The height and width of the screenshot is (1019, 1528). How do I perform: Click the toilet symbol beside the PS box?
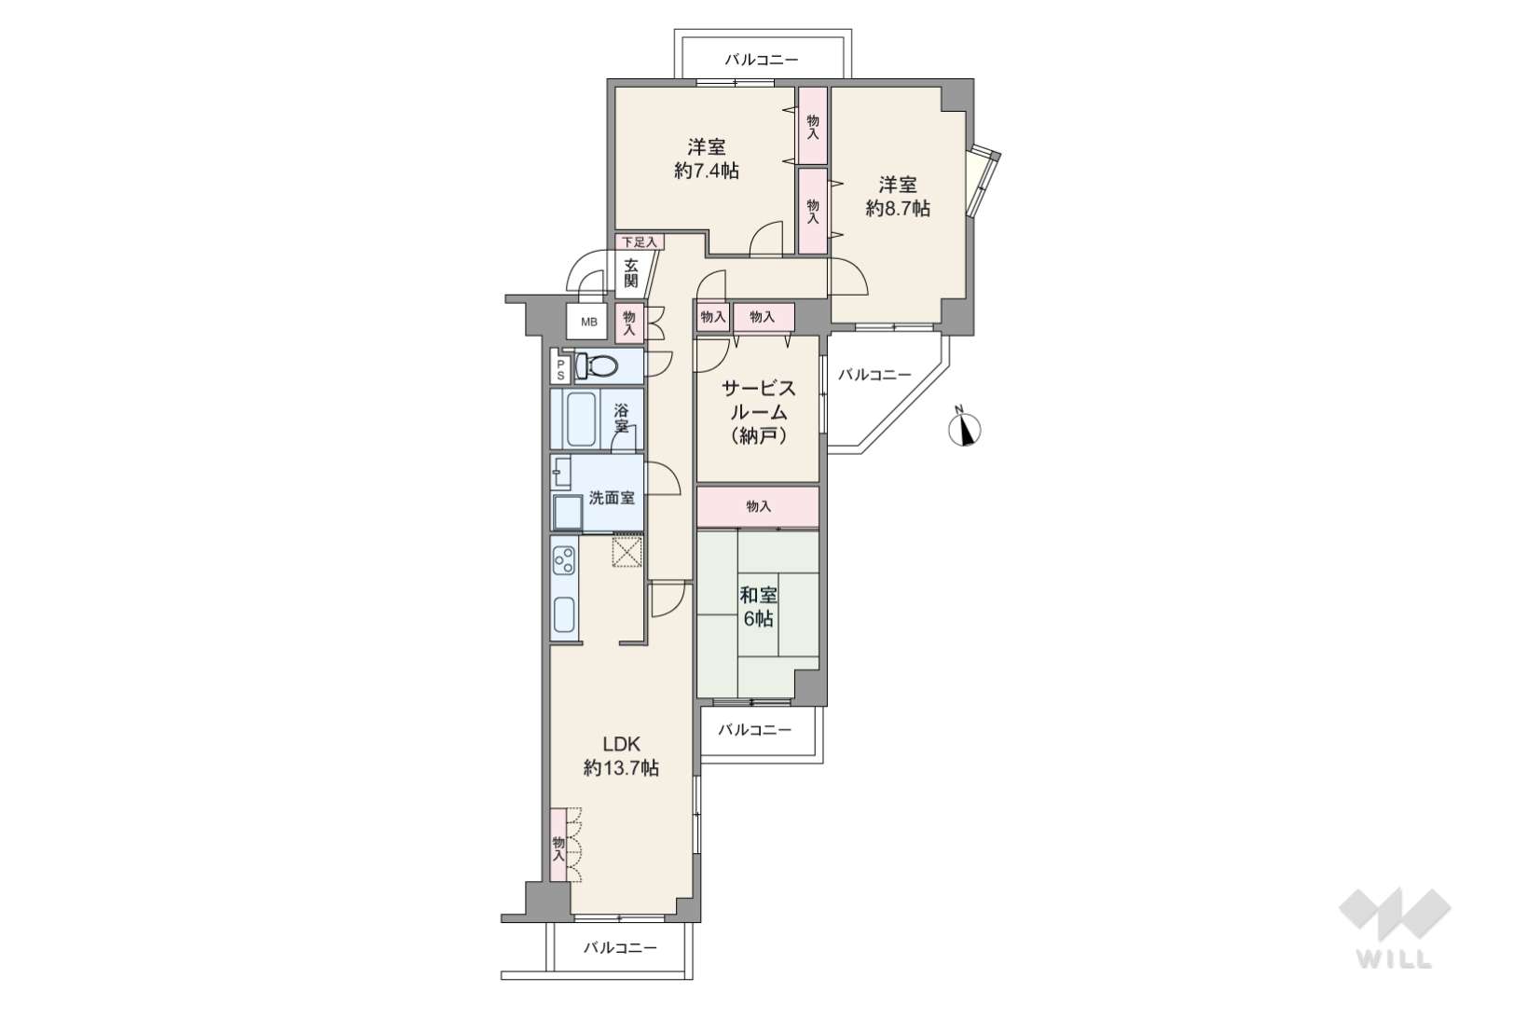pos(596,365)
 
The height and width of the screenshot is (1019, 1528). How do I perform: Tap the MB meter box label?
pos(588,322)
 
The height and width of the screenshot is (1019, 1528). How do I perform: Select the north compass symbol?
pos(965,428)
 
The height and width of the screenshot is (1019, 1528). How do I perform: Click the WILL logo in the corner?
pos(1395,929)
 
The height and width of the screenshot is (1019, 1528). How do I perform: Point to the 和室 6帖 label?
pos(759,606)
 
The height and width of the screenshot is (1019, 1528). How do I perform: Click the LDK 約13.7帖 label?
pos(621,756)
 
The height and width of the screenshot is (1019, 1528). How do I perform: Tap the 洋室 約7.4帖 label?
pos(706,158)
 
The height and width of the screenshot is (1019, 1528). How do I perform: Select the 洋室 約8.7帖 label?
pos(898,197)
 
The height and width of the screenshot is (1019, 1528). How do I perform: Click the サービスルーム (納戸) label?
pos(759,411)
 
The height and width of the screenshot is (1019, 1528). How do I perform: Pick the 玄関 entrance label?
pos(631,273)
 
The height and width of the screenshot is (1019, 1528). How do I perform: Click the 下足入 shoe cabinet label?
pos(640,242)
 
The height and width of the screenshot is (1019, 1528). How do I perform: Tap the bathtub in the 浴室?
pos(581,419)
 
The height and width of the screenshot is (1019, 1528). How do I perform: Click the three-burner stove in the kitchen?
pos(564,561)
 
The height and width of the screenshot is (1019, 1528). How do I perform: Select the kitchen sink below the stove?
pos(564,614)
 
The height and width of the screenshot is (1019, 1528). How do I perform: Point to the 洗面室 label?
pos(612,498)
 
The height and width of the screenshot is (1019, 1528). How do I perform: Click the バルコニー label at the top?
pos(762,60)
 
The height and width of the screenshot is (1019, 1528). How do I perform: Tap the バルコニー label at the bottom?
pos(620,948)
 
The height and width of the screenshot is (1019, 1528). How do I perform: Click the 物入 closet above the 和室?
pos(758,506)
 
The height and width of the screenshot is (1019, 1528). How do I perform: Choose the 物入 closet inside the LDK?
pos(559,846)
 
